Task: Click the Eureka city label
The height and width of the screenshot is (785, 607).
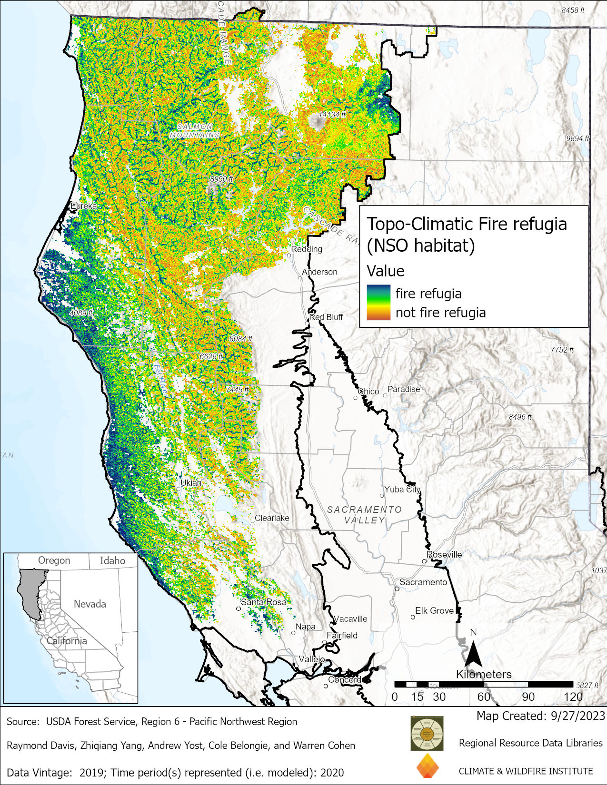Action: pyautogui.click(x=83, y=206)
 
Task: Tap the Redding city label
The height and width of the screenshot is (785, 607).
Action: pyautogui.click(x=307, y=249)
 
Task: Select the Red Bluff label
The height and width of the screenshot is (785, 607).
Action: pyautogui.click(x=326, y=317)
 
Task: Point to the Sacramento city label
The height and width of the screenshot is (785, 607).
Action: pyautogui.click(x=423, y=582)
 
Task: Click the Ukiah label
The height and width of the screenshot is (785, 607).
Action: pyautogui.click(x=191, y=482)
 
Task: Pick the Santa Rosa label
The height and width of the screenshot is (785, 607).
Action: pyautogui.click(x=264, y=602)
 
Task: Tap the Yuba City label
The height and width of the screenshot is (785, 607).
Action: pyautogui.click(x=402, y=489)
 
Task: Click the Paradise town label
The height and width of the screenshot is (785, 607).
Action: pyautogui.click(x=404, y=389)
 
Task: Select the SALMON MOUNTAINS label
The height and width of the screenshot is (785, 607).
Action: pyautogui.click(x=195, y=131)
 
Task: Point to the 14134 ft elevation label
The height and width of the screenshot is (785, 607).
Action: pyautogui.click(x=332, y=115)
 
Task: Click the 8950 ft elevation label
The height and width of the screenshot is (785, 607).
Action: pyautogui.click(x=221, y=179)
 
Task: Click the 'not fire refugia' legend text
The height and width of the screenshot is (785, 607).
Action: pyautogui.click(x=440, y=313)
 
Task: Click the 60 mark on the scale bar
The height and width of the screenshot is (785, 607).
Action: pyautogui.click(x=484, y=697)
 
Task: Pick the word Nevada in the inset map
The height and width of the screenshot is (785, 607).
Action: pyautogui.click(x=90, y=604)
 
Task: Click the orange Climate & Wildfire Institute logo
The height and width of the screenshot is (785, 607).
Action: pyautogui.click(x=427, y=766)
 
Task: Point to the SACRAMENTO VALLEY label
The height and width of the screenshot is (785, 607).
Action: pyautogui.click(x=364, y=515)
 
